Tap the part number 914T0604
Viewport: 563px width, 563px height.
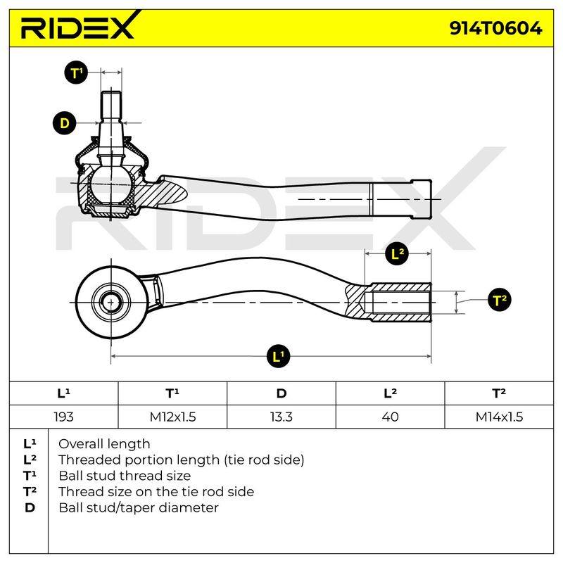495,28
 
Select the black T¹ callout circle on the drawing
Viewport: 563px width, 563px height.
76,73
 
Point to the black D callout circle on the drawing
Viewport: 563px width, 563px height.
64,123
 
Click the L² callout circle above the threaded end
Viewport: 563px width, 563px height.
397,253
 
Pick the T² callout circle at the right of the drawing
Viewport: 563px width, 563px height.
500,300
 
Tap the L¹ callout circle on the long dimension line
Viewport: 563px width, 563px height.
278,356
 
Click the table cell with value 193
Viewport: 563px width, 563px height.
63,417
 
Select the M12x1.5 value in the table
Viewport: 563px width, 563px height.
172,417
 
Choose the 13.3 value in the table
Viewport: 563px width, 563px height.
281,417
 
